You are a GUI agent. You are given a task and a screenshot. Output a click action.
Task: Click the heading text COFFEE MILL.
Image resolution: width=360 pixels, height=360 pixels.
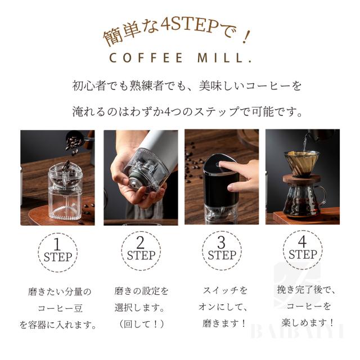point(180,58)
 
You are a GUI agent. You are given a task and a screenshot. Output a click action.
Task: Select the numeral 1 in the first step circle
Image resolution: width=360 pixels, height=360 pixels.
point(57,244)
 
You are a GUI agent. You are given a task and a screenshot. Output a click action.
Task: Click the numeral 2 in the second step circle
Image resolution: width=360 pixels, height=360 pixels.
point(140,242)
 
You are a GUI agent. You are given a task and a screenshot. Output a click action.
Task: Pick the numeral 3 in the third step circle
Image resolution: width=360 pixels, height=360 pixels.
point(221,242)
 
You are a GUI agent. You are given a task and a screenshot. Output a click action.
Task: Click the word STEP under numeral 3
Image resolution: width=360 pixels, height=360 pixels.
point(222,255)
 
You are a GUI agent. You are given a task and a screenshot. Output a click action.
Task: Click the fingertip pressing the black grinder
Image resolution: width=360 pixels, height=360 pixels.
point(221,164)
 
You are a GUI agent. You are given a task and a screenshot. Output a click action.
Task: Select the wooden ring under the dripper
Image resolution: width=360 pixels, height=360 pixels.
point(301,179)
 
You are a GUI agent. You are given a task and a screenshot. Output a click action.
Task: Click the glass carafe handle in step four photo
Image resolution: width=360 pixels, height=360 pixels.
point(321,196)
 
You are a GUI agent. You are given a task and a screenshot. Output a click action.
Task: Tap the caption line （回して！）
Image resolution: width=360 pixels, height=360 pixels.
point(142,324)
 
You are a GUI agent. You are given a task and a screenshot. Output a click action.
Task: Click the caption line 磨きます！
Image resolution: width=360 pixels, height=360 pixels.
point(224,323)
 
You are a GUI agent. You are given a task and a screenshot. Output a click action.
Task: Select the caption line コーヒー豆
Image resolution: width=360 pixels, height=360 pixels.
point(60,308)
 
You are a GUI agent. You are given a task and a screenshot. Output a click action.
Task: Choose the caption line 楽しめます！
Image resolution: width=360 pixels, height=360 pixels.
point(308,322)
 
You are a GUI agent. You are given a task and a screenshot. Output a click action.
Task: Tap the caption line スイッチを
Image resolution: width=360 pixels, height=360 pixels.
point(225,290)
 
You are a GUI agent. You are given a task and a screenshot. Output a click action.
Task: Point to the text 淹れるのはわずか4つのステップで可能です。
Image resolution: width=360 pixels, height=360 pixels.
point(187,112)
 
